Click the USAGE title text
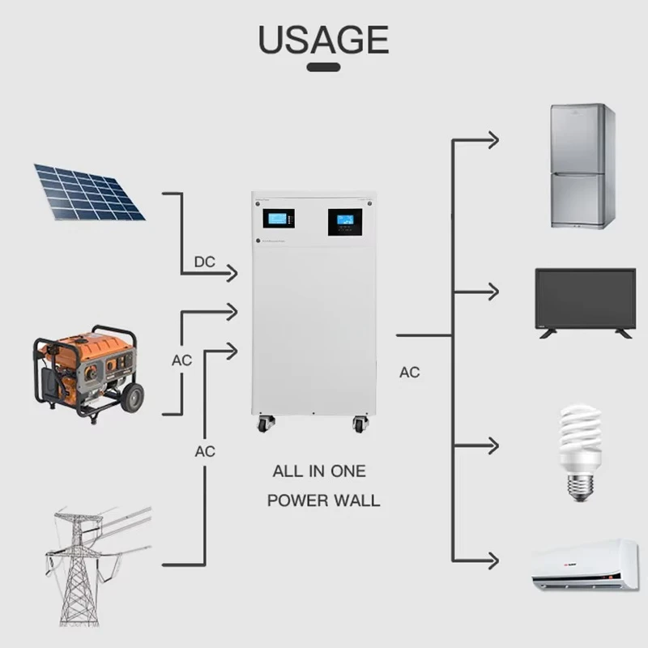(x=323, y=40)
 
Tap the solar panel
(x=89, y=193)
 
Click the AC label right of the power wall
(x=410, y=373)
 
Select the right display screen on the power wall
(x=344, y=221)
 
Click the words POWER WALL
(x=323, y=500)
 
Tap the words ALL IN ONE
(x=319, y=471)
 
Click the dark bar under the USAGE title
(x=323, y=66)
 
